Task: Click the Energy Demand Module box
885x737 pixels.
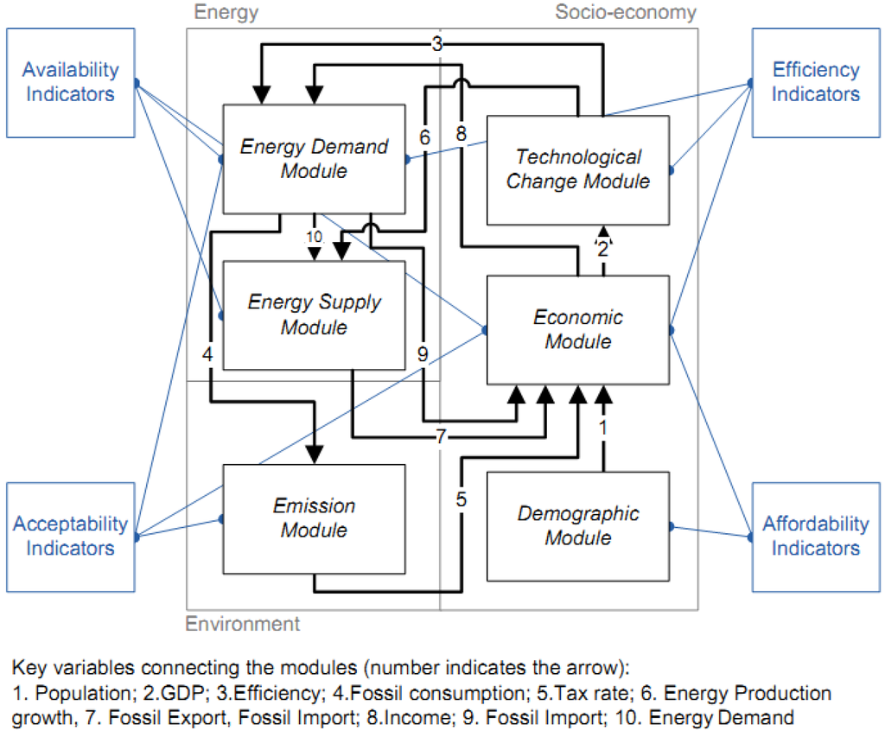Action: (x=315, y=159)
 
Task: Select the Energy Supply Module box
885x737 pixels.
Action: (x=315, y=315)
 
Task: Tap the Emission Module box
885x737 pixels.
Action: (x=315, y=518)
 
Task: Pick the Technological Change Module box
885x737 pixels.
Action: (x=578, y=169)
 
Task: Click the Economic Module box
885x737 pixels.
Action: (x=578, y=329)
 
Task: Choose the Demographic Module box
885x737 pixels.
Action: (x=578, y=525)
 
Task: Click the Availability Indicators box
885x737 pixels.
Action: (x=70, y=82)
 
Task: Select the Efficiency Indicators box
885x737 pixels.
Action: (x=816, y=82)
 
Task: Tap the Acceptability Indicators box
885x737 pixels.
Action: (x=70, y=537)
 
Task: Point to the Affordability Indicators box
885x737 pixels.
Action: (x=816, y=537)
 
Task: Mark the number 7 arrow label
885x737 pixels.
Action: (x=441, y=438)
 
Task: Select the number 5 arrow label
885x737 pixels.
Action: (x=462, y=499)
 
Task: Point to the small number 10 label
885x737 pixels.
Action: (x=314, y=237)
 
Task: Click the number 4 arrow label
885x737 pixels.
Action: (x=207, y=353)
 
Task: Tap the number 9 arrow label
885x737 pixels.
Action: (x=423, y=353)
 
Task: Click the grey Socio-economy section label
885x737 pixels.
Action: (x=625, y=12)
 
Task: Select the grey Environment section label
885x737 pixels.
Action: (x=243, y=624)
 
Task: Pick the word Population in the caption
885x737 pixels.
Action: (x=65, y=694)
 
